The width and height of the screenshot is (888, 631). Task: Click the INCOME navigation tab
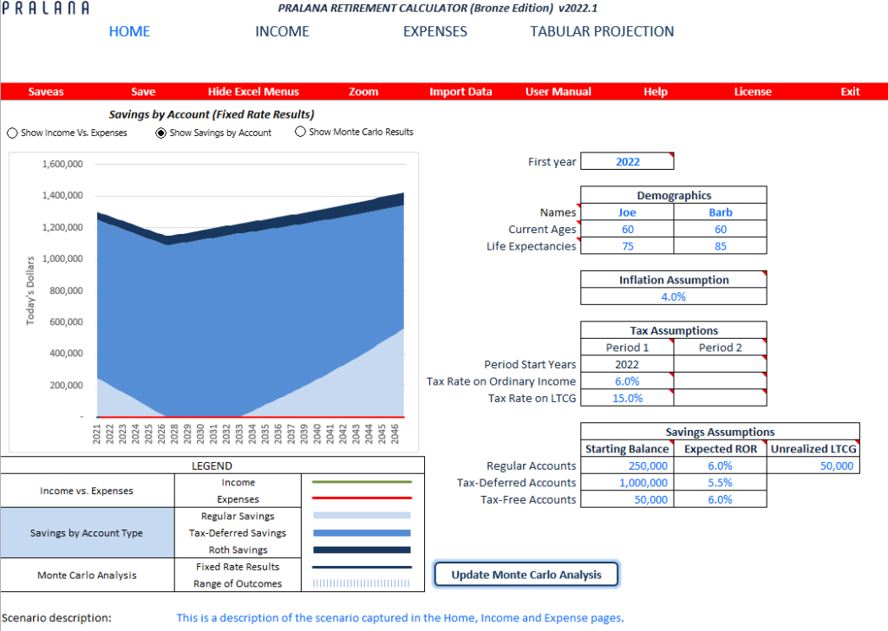282,31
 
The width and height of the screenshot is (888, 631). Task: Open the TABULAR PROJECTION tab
602,31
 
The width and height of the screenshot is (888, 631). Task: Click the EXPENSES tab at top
434,31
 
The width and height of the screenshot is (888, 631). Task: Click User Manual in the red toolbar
558,92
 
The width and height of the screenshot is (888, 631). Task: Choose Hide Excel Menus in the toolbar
253,92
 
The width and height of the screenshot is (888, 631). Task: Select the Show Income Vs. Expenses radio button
12,133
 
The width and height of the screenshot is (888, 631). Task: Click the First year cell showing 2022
627,162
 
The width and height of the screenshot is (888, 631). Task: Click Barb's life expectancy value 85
720,246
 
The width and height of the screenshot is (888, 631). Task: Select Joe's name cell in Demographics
627,212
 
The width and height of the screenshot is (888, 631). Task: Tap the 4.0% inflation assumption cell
673,296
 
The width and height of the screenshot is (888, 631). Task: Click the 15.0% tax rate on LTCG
627,398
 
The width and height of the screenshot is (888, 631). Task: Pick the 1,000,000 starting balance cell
627,483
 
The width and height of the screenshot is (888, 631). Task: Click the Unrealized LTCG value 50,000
813,466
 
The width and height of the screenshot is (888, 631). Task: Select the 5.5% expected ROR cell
720,483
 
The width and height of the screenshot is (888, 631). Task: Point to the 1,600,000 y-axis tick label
62,164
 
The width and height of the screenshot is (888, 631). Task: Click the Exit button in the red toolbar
850,92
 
